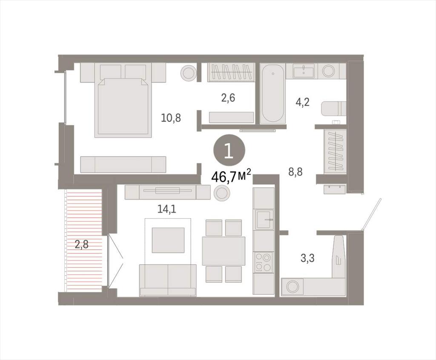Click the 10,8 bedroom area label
(171, 118)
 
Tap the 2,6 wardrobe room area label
(228, 98)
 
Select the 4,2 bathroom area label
(302, 102)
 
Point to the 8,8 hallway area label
(295, 172)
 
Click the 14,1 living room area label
(167, 209)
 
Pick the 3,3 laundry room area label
(307, 258)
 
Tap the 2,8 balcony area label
(82, 245)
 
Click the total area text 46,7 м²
(231, 176)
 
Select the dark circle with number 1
(229, 152)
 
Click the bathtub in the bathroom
(273, 94)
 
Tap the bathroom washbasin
(304, 71)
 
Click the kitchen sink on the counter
(263, 219)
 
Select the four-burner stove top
(264, 262)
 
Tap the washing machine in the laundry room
(293, 287)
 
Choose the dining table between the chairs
(224, 251)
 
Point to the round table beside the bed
(189, 72)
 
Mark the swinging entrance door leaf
(371, 214)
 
